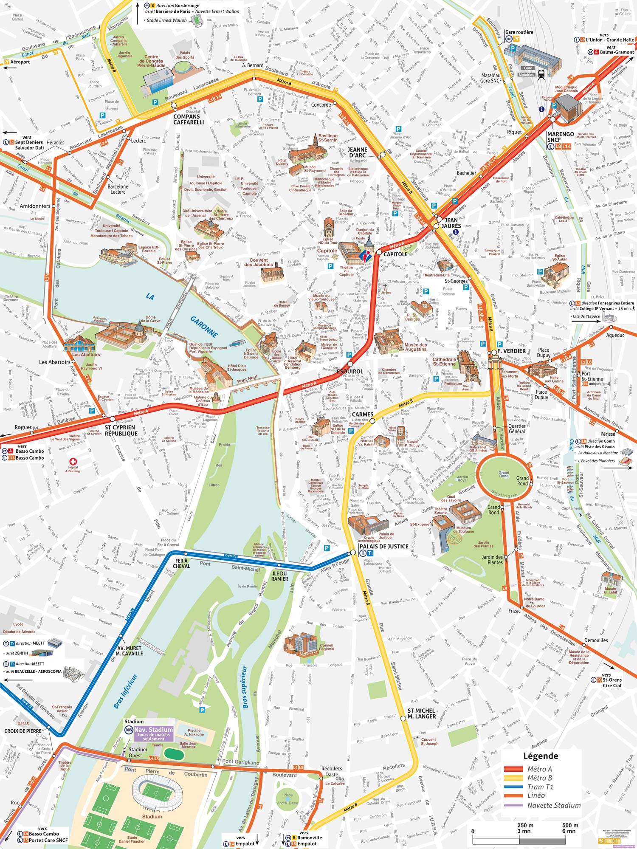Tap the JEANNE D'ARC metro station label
click(x=358, y=152)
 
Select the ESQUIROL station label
click(x=350, y=371)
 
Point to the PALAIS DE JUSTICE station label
click(x=383, y=547)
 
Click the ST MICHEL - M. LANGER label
click(x=423, y=713)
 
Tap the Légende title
click(x=541, y=756)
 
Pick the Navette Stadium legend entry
click(x=554, y=805)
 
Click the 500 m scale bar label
click(x=570, y=825)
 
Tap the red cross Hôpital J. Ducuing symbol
click(x=73, y=462)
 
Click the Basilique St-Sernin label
click(x=328, y=138)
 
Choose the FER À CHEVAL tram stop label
click(x=181, y=563)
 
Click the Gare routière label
click(x=519, y=32)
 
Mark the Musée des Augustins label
click(x=415, y=347)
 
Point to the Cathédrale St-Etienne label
click(x=444, y=361)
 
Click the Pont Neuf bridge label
click(x=247, y=379)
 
